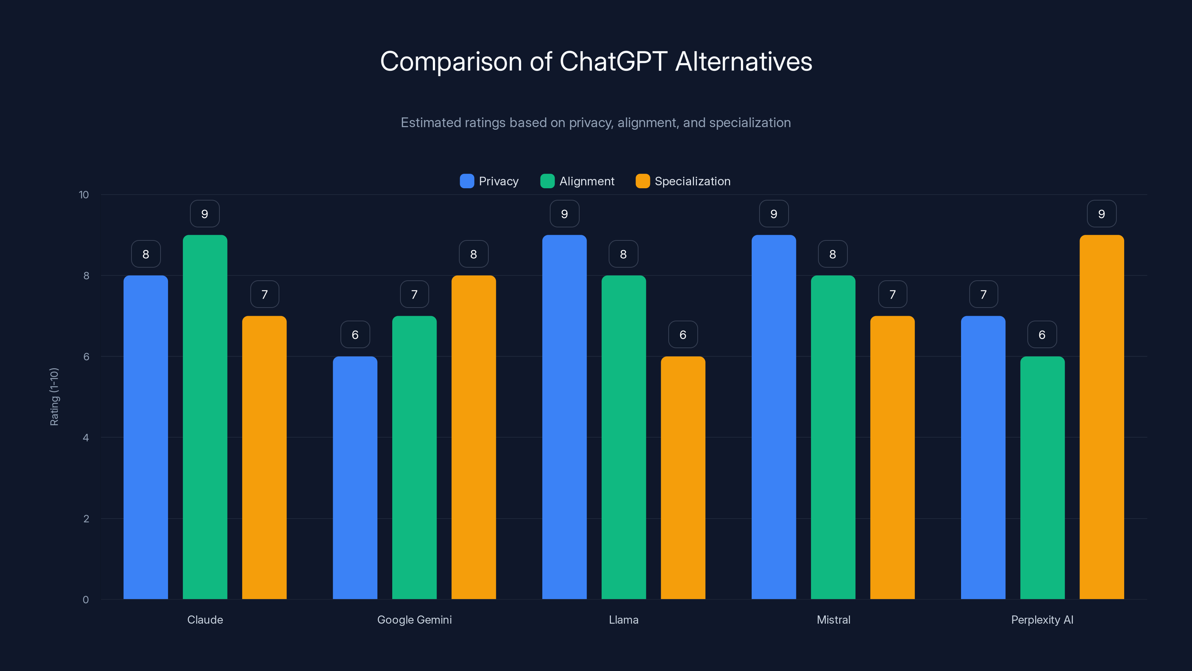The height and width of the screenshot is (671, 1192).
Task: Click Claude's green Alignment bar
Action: click(205, 417)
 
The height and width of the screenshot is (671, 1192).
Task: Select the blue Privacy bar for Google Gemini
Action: click(355, 477)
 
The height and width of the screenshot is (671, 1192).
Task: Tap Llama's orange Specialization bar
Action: click(683, 477)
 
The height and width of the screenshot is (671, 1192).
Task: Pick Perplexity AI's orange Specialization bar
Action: click(1102, 417)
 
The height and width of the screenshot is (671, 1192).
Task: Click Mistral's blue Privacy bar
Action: click(774, 417)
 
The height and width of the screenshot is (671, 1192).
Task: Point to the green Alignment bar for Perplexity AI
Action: click(1042, 477)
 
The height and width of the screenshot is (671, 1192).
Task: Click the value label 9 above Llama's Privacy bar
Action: click(565, 214)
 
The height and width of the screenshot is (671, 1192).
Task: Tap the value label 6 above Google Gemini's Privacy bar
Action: click(355, 335)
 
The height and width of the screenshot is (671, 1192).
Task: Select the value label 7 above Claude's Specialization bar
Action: click(265, 294)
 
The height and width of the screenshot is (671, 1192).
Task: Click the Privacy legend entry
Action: click(489, 181)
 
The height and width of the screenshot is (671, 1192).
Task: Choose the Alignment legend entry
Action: click(577, 181)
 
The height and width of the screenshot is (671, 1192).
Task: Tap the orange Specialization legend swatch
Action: click(643, 181)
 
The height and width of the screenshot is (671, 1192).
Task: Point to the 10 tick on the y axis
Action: click(84, 195)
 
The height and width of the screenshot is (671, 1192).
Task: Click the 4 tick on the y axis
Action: click(86, 438)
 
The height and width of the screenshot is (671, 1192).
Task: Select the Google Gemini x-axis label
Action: click(414, 620)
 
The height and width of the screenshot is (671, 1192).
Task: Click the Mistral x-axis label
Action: click(833, 620)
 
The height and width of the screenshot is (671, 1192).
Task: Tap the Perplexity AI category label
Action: click(1042, 620)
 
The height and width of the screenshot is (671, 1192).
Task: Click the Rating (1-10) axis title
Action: click(54, 397)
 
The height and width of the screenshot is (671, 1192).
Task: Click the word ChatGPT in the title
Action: click(613, 62)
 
